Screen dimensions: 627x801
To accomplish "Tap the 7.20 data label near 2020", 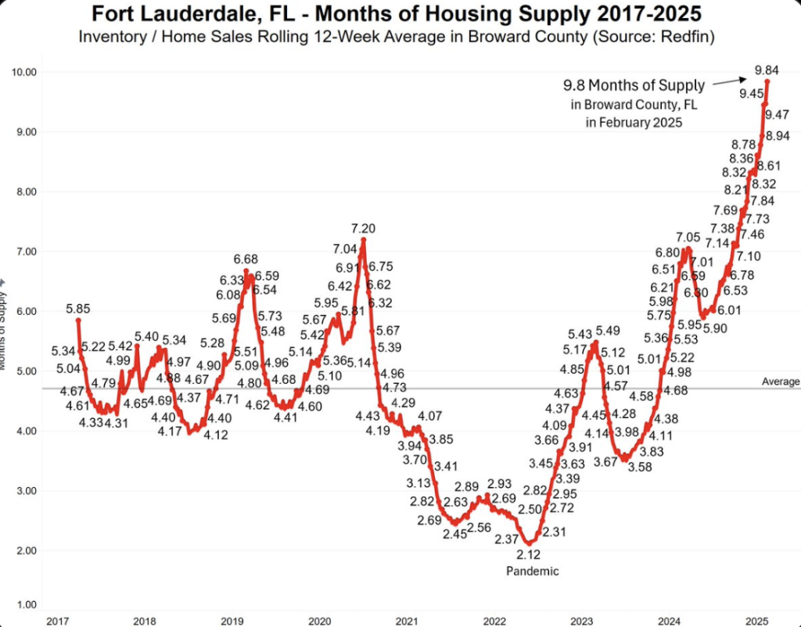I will pos(364,228).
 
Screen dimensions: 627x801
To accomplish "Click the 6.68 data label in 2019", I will pos(246,260).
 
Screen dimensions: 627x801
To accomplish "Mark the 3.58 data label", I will pos(639,468).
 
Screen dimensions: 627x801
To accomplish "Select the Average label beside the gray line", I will pos(781,382).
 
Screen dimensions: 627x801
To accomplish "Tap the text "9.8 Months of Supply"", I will pos(634,85).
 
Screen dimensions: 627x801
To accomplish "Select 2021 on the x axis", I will pos(407,620).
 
